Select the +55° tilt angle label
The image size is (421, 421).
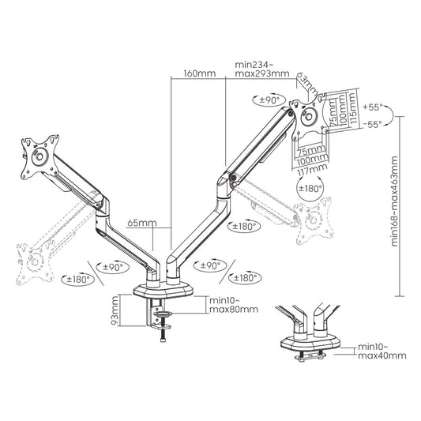(374, 107)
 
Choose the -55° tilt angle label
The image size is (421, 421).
(374, 123)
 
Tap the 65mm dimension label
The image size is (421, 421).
(141, 224)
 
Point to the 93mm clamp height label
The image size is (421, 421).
(115, 310)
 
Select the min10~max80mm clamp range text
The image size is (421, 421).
(234, 304)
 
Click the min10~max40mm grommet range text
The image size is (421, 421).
(381, 351)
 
